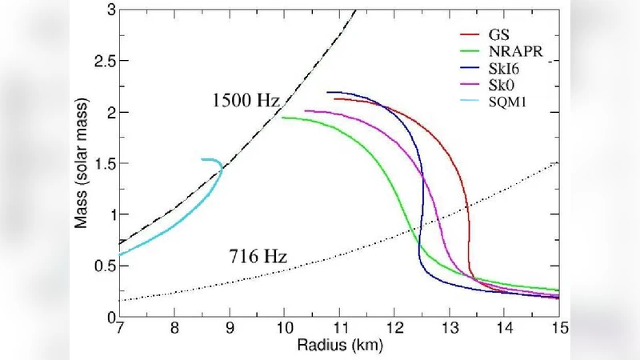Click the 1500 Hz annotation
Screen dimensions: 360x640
coord(246,102)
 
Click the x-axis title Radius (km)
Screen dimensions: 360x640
coord(339,346)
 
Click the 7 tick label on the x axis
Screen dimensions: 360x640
coord(119,329)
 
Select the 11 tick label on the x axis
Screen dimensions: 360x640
coord(339,329)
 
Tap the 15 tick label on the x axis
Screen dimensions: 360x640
coord(558,329)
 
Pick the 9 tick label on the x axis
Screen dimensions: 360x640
coord(230,329)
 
